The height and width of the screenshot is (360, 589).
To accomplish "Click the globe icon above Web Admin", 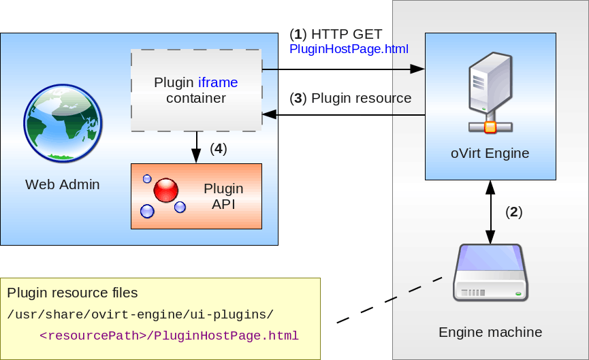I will pos(63,122).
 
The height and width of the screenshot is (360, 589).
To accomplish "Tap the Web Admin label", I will pos(63,184).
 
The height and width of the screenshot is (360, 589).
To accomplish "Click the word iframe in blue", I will pos(218,83).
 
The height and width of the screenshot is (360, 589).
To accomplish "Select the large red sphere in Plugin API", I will pos(165,191).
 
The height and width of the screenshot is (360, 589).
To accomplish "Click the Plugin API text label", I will pos(223,196).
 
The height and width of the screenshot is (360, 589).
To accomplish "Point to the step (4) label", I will pos(218,148).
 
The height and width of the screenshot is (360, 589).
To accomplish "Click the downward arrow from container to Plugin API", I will pos(197,147).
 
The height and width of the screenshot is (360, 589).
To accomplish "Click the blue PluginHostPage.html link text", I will pos(349,49).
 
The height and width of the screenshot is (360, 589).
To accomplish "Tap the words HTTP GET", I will pos(347,34).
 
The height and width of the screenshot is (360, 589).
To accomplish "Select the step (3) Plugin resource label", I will pos(351,98).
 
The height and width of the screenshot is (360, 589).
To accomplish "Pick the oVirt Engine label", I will pos(490,153).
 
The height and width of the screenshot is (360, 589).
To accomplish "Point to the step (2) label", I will pos(513,212).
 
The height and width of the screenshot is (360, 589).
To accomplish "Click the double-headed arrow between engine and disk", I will pos(490,212).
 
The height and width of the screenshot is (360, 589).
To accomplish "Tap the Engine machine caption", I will pos(490,332).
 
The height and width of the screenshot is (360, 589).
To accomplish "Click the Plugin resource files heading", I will pos(72,293).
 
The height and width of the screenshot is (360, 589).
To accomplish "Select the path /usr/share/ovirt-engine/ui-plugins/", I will pos(140,314).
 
